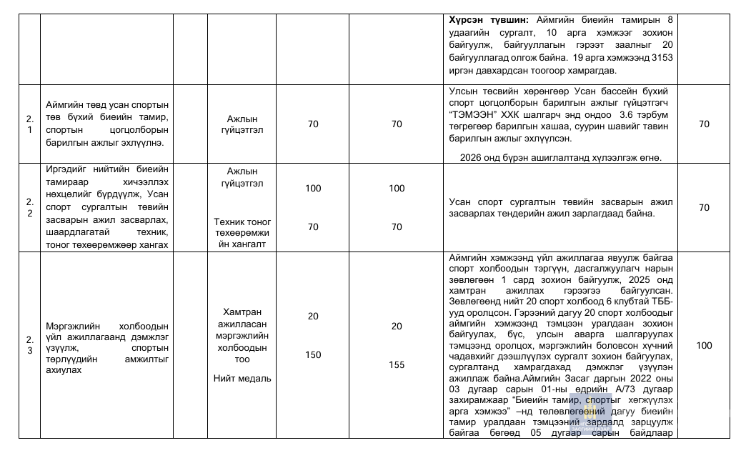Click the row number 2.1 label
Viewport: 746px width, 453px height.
(29, 124)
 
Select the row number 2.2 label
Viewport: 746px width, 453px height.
(29, 207)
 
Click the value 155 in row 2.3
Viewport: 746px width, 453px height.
(397, 365)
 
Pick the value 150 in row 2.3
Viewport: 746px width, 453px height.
(313, 355)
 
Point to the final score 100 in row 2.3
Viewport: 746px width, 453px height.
(704, 345)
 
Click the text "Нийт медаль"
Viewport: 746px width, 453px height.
(242, 378)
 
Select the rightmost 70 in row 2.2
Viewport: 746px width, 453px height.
(704, 208)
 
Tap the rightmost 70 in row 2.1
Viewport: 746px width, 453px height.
(704, 124)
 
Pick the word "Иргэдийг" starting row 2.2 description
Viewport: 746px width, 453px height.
(66, 171)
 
